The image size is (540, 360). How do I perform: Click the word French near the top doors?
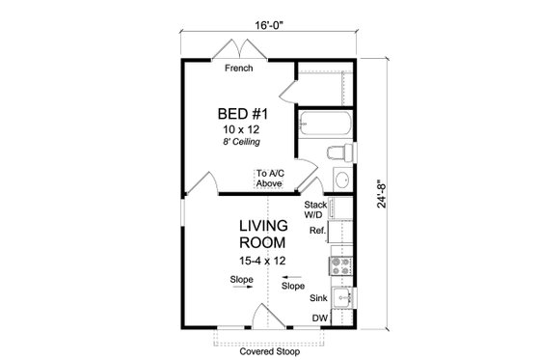coord(239,69)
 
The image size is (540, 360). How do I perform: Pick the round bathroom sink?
coord(343,180)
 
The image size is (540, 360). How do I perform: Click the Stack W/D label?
coord(315,210)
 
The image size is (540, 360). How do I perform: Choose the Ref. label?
coord(316,232)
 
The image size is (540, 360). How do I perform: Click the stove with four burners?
coord(341,262)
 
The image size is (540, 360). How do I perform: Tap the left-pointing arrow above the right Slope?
coord(285,276)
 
